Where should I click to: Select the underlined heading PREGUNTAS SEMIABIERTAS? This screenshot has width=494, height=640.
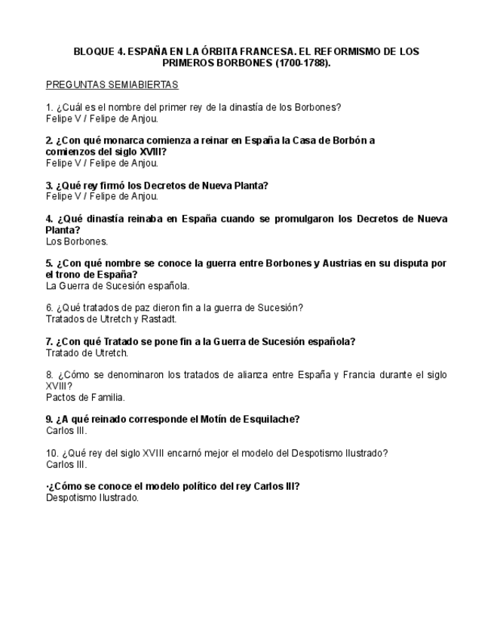[x=112, y=85]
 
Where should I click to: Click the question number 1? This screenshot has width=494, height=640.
[x=49, y=107]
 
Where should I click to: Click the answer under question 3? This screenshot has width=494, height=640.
[x=102, y=196]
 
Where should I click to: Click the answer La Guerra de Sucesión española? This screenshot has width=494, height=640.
[x=118, y=286]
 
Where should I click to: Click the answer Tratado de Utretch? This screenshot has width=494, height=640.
[x=87, y=352]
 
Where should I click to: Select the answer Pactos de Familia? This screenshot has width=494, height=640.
[x=85, y=397]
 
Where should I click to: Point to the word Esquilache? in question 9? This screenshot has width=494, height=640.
[x=268, y=420]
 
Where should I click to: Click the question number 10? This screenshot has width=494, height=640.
[x=51, y=453]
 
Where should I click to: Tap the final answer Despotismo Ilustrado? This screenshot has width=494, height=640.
[x=93, y=497]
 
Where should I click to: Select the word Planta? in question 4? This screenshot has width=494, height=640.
[x=63, y=230]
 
